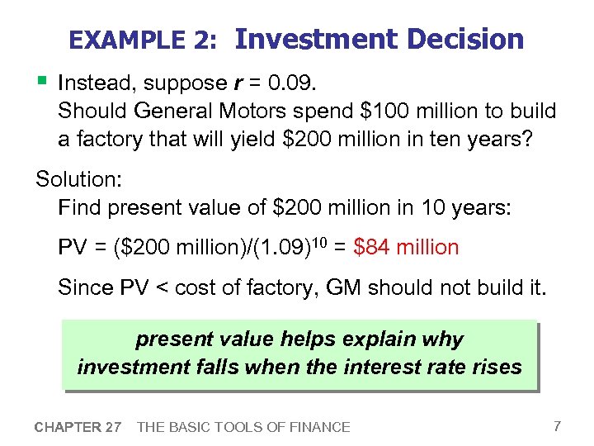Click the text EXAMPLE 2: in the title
(x=144, y=40)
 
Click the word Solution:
(x=77, y=179)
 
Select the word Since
(x=81, y=287)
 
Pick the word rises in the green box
(x=495, y=366)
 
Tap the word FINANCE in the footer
(x=317, y=427)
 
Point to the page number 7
(x=558, y=426)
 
